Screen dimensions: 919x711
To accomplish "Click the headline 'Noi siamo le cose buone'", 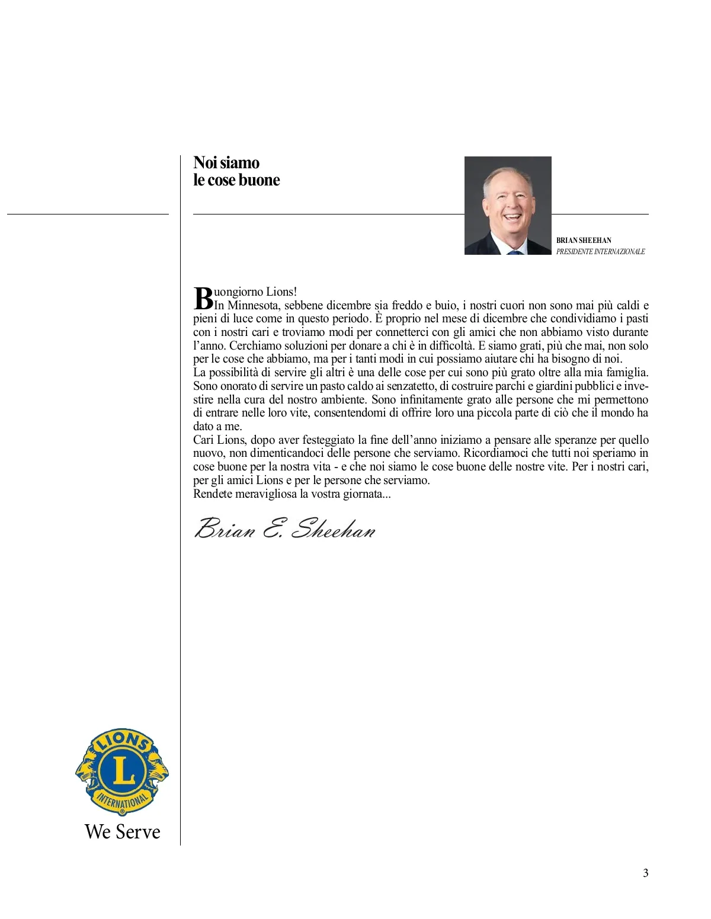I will (x=236, y=171).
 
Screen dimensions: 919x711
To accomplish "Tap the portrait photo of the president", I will (x=508, y=205).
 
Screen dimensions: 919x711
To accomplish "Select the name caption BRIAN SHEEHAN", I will (x=584, y=241).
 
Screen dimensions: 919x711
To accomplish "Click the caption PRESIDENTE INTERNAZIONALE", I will (x=600, y=252).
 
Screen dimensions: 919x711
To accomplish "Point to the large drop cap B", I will (x=203, y=298).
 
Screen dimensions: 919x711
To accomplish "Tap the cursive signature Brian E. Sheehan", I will (x=285, y=529).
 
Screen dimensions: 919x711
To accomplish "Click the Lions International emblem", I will (x=122, y=771).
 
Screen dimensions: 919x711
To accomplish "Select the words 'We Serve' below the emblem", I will (x=123, y=832).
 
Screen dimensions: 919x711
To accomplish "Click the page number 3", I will (x=646, y=873).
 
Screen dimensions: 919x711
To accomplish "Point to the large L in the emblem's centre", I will (x=123, y=771).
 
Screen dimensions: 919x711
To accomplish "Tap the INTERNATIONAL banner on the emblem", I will (x=123, y=803).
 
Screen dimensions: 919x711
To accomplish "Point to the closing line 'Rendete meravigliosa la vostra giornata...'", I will (x=292, y=494).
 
